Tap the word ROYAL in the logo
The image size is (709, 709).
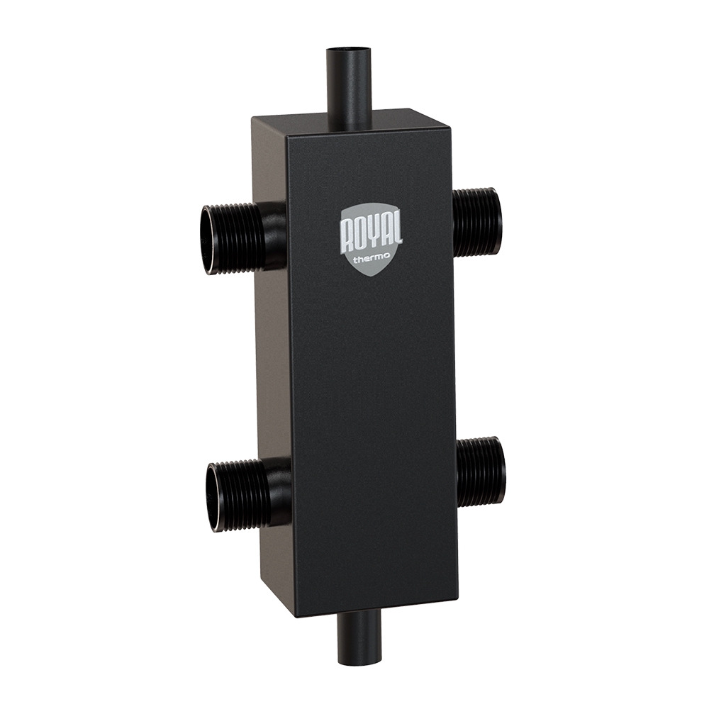370,235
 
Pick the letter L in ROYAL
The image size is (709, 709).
396,233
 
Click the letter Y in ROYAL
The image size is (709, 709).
372,235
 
